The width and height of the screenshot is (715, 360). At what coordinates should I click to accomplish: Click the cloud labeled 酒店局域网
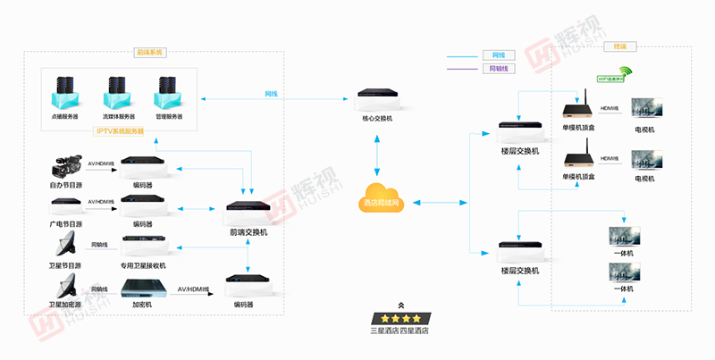382,197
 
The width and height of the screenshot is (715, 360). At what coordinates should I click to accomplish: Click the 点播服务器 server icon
64,92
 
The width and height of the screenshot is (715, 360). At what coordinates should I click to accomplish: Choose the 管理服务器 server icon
168,92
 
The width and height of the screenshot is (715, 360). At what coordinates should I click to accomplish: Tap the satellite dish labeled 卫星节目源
65,244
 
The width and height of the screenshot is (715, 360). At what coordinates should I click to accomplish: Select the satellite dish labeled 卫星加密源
65,287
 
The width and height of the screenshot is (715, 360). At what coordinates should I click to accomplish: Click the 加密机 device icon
141,288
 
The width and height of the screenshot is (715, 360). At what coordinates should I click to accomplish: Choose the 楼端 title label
619,46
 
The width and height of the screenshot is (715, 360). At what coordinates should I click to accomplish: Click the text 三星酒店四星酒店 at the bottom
400,331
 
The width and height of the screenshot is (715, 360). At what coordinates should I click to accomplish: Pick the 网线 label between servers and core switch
270,93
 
